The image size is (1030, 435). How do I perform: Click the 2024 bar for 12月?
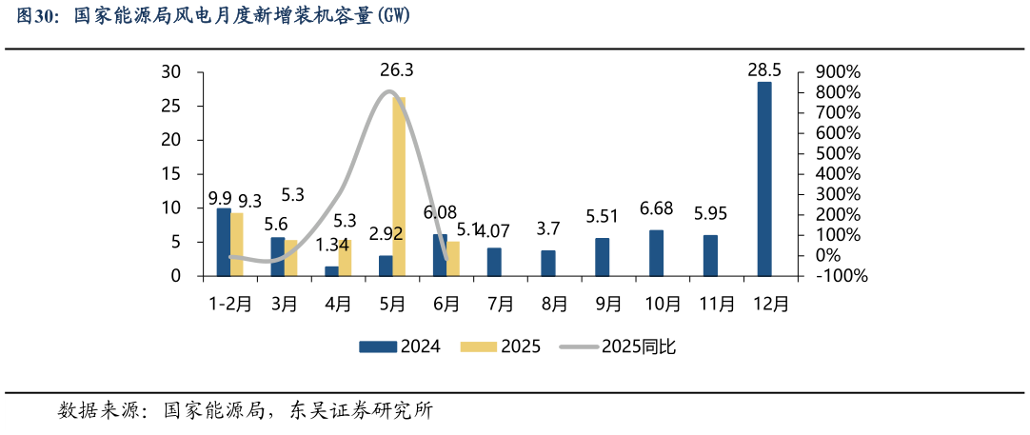pyautogui.click(x=764, y=179)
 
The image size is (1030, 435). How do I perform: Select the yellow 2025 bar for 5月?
pyautogui.click(x=399, y=187)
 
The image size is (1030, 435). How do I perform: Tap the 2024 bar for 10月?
pyautogui.click(x=656, y=253)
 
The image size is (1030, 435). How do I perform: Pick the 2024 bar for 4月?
pyautogui.click(x=331, y=271)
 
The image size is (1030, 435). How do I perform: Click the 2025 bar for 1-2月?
pyautogui.click(x=237, y=245)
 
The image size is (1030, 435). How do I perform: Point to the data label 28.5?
pyautogui.click(x=764, y=69)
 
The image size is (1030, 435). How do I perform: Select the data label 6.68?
pyautogui.click(x=656, y=208)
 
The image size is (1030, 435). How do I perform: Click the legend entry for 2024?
pyautogui.click(x=400, y=346)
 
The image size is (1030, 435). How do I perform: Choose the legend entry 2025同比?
pyautogui.click(x=618, y=346)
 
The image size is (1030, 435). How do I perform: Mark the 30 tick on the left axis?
pyautogui.click(x=171, y=72)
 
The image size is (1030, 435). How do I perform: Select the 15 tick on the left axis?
pyautogui.click(x=171, y=174)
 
